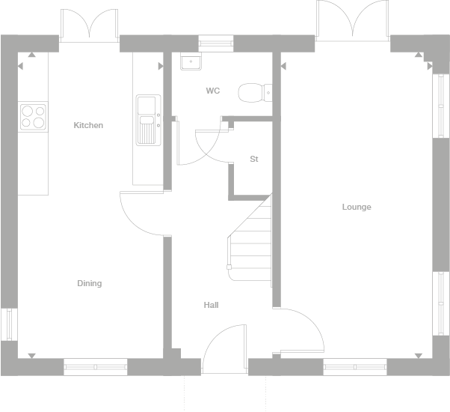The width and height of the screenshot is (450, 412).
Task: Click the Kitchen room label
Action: pyautogui.click(x=88, y=125)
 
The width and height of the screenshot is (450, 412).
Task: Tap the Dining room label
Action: pyautogui.click(x=90, y=283)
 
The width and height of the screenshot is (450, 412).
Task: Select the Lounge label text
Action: pyautogui.click(x=357, y=207)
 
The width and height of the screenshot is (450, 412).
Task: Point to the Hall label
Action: pyautogui.click(x=212, y=305)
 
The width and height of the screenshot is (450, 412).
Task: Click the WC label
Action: pyautogui.click(x=213, y=91)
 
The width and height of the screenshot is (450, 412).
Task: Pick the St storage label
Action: pyautogui.click(x=254, y=159)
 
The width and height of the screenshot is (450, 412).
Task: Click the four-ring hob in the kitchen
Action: pyautogui.click(x=33, y=117)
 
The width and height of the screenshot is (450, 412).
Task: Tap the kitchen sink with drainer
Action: pyautogui.click(x=148, y=120)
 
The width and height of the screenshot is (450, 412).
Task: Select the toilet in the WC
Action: pyautogui.click(x=255, y=93)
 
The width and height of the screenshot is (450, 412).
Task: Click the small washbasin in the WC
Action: pyautogui.click(x=191, y=61)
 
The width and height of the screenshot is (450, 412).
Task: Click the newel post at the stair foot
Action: pyautogui.click(x=229, y=267)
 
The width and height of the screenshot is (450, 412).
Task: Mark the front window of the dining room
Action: pyautogui.click(x=95, y=367)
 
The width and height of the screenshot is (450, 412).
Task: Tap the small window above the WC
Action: pyautogui.click(x=216, y=43)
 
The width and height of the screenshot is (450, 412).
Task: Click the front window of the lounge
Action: pyautogui.click(x=355, y=367)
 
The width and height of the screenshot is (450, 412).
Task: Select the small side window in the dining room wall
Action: pyautogui.click(x=9, y=324)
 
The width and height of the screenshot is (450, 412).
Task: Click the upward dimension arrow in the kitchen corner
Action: pyautogui.click(x=32, y=55)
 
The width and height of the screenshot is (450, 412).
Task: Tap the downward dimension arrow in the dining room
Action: pyautogui.click(x=32, y=356)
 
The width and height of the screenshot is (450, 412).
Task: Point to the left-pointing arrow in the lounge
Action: pyautogui.click(x=283, y=66)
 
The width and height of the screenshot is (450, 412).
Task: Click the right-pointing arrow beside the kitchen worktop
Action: pyautogui.click(x=161, y=66)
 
